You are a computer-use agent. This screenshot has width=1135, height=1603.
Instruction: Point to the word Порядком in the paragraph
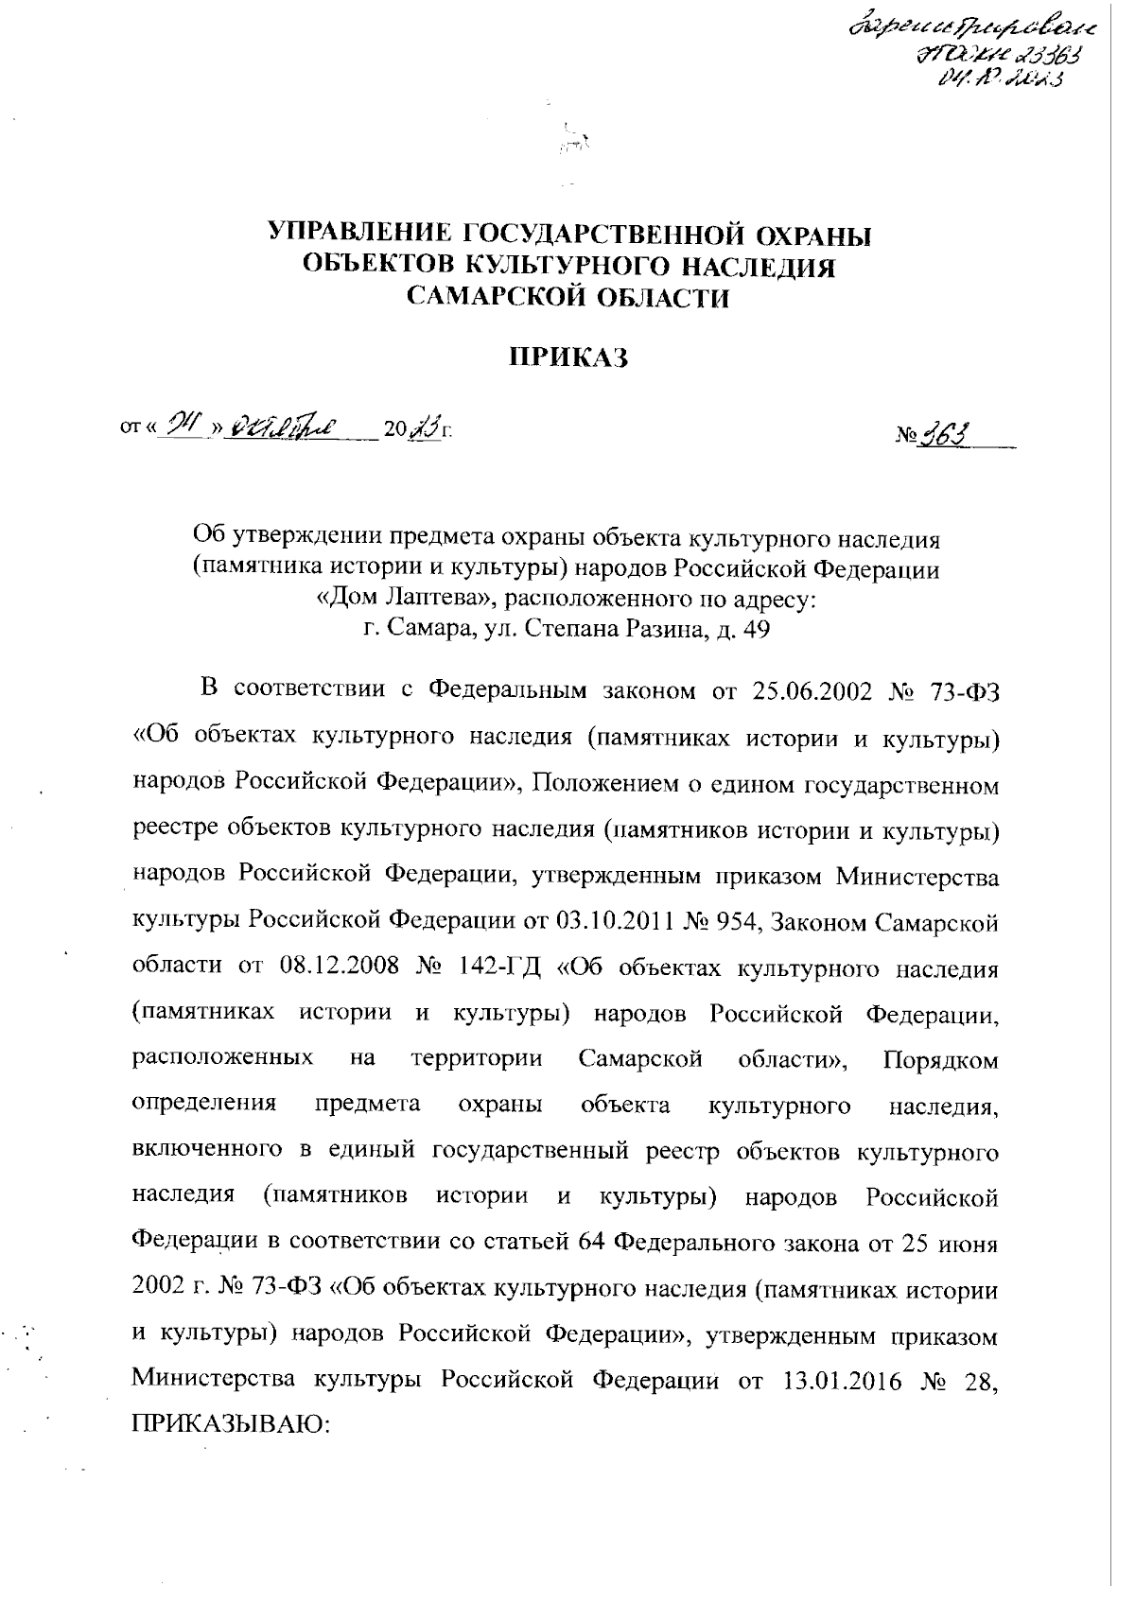940,1060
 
